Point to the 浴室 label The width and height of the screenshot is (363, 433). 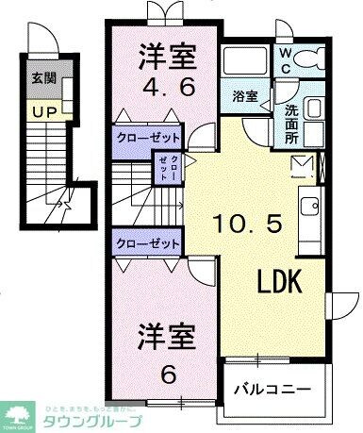(244, 95)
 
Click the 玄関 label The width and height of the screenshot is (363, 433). (40, 79)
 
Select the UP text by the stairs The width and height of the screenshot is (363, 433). (41, 112)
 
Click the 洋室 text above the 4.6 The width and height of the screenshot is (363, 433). (170, 57)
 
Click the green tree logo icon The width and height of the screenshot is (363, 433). (19, 411)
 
